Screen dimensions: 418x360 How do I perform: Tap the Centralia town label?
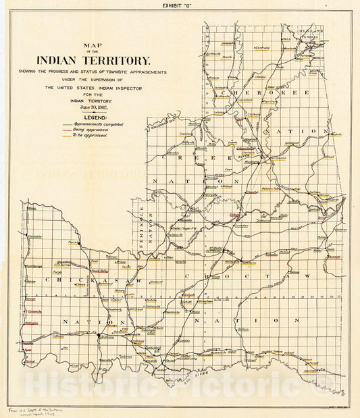click(x=262, y=49)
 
